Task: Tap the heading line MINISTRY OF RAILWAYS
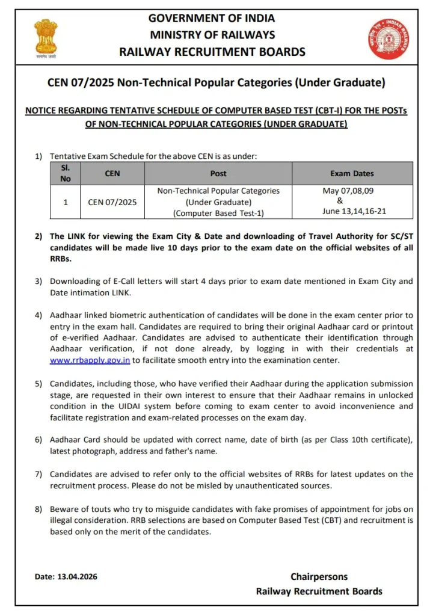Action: point(212,35)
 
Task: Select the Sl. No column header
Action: point(66,173)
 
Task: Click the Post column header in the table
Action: point(218,173)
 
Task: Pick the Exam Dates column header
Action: point(352,173)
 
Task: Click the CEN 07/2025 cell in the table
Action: point(112,202)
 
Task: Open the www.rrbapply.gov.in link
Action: point(90,360)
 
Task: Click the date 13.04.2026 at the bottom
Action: point(80,576)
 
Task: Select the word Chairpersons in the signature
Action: point(319,576)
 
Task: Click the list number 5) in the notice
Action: point(38,384)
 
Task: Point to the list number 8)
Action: point(38,510)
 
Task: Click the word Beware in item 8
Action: point(64,510)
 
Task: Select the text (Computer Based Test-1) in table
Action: point(218,213)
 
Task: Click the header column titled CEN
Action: point(112,173)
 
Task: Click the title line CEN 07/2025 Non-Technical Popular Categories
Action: point(216,82)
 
